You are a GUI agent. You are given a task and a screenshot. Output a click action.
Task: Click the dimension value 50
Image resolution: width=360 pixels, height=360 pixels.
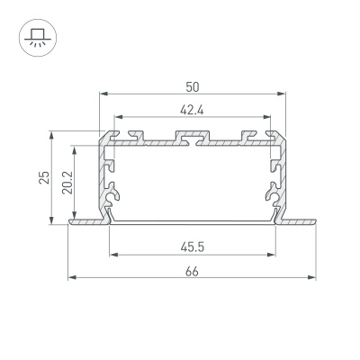pyautogui.click(x=193, y=86)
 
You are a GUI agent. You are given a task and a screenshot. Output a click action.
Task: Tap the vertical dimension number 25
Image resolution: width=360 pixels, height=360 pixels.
pyautogui.click(x=41, y=177)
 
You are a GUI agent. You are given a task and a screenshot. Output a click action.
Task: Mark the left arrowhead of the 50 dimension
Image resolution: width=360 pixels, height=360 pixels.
pyautogui.click(x=101, y=94)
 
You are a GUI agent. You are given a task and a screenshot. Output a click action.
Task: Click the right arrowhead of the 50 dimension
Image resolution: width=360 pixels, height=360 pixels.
pyautogui.click(x=284, y=94)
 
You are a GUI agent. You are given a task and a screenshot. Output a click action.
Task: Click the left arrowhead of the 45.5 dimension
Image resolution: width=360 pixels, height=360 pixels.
pyautogui.click(x=112, y=254)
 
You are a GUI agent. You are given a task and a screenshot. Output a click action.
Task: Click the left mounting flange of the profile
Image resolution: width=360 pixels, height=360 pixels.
pyautogui.click(x=85, y=220)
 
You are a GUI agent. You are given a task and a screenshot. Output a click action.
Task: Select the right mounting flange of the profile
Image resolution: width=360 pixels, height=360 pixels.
pyautogui.click(x=301, y=220)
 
